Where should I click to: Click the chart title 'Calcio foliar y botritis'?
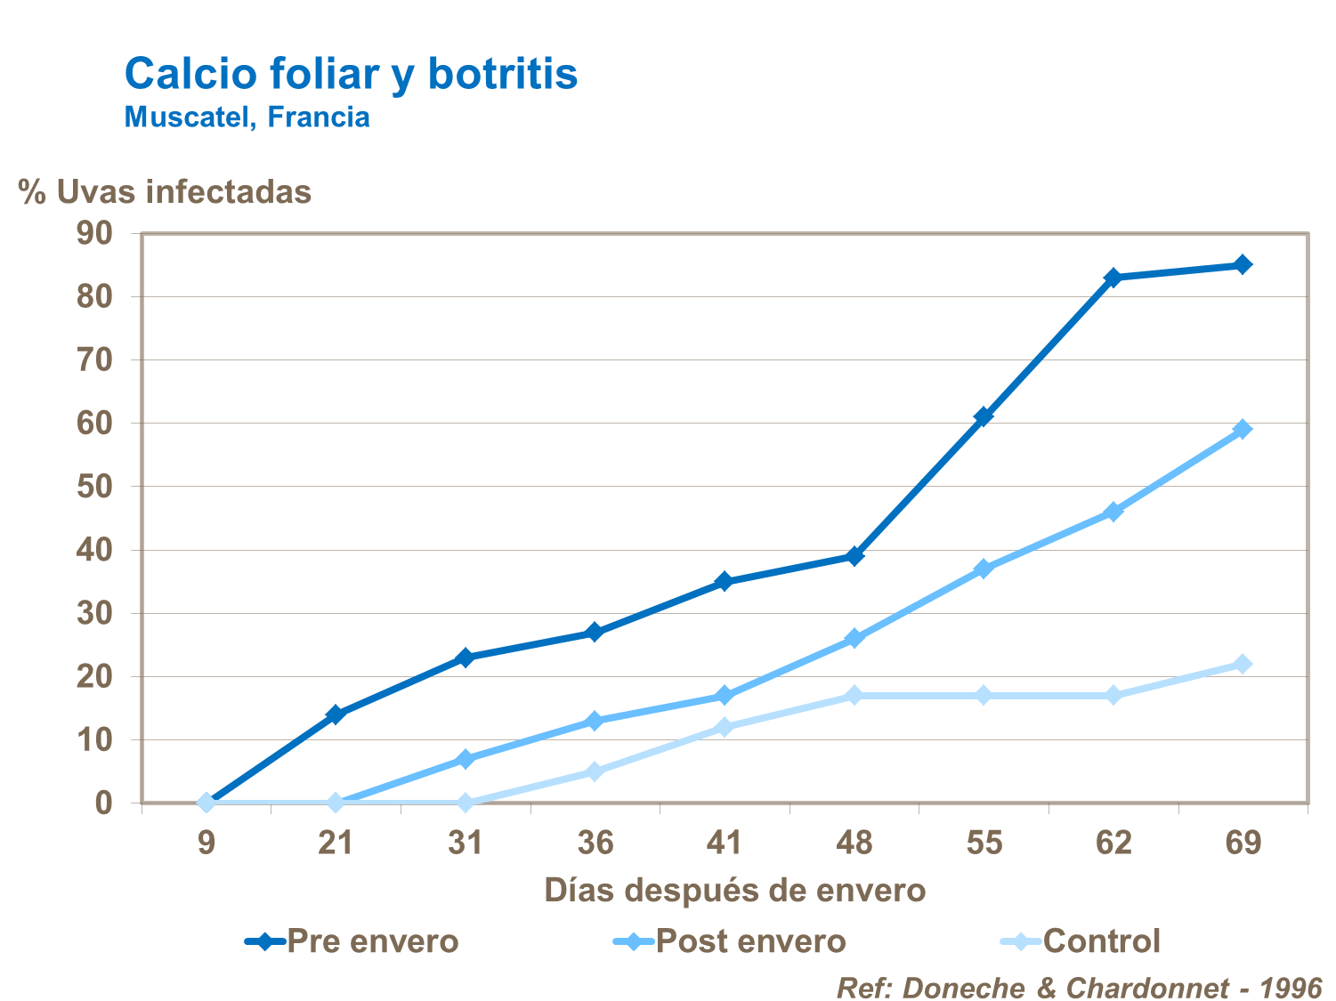click(x=351, y=73)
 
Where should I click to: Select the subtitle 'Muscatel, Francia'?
click(x=247, y=117)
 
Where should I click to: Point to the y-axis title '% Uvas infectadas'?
click(x=166, y=191)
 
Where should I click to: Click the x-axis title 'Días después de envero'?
click(x=734, y=890)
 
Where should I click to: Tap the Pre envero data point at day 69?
click(x=1243, y=264)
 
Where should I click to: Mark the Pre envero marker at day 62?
click(x=1113, y=278)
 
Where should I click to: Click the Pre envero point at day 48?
click(x=854, y=556)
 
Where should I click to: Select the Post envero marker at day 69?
click(x=1243, y=429)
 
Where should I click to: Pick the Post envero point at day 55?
click(x=984, y=569)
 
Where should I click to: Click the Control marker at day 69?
click(x=1243, y=664)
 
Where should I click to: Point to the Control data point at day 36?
click(x=595, y=771)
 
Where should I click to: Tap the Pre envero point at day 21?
click(x=336, y=714)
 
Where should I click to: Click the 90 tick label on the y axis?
click(x=95, y=233)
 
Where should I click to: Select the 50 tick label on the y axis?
click(x=95, y=487)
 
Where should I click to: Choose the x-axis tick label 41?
click(x=724, y=842)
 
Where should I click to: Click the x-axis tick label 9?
click(x=206, y=842)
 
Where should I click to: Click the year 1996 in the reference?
click(x=1290, y=988)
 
